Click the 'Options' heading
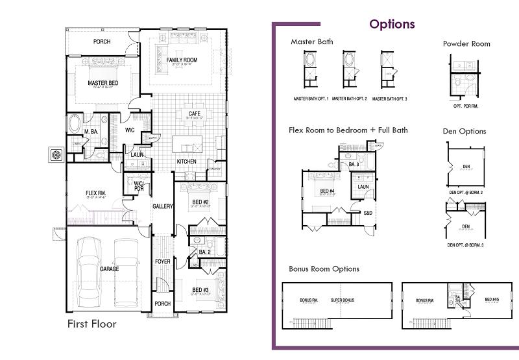pos(392,25)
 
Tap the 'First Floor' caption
pos(92,323)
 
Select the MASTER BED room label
pos(103,83)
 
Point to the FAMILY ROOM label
pos(182,60)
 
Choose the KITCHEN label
pos(187,162)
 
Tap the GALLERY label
pos(162,206)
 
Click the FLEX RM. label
pos(96,193)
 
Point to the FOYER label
pos(162,262)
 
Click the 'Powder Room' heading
pos(466,44)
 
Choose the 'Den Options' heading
pos(464,131)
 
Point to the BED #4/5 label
pos(493,300)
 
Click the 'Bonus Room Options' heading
pos(324,269)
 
